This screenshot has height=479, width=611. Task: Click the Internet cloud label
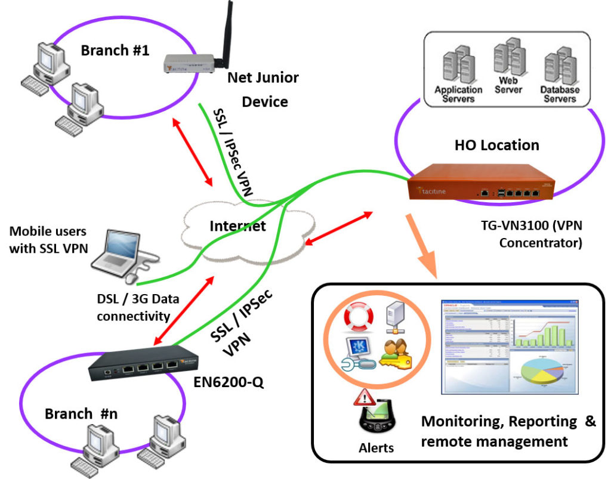(x=237, y=226)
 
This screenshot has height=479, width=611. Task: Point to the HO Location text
(x=496, y=145)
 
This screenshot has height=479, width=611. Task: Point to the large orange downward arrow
(x=423, y=244)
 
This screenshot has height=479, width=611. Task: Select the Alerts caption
(x=376, y=447)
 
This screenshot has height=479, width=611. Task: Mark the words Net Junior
(x=263, y=77)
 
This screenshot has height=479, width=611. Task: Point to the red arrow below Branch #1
(x=192, y=151)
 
